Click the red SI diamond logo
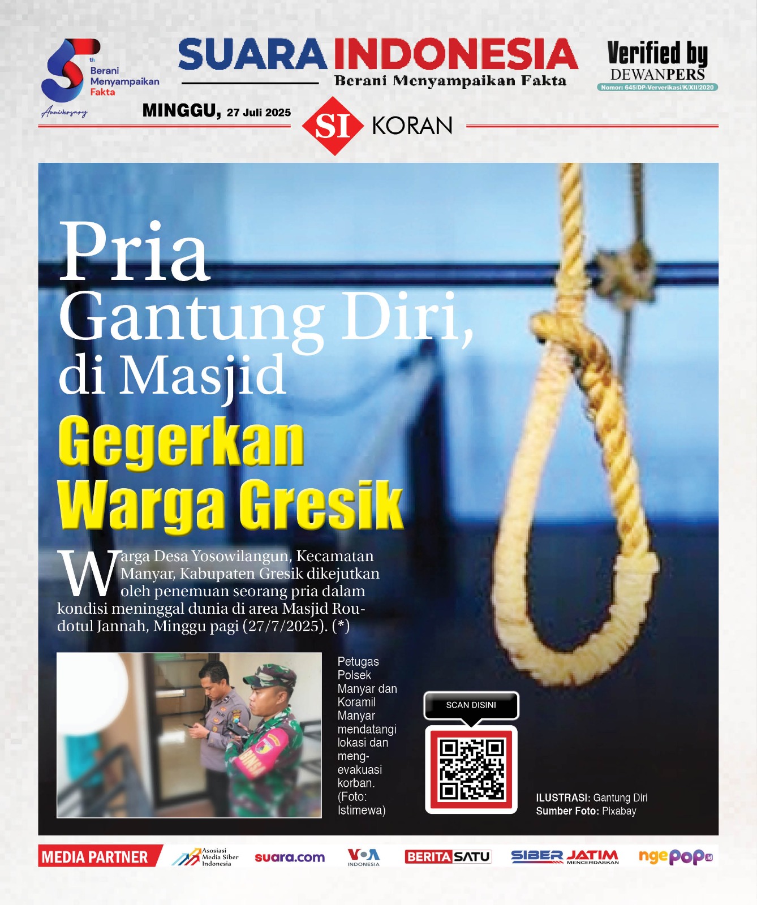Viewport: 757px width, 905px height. coord(332,126)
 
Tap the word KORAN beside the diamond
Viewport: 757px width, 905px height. coord(412,126)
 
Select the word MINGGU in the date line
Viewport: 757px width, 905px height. coord(181,110)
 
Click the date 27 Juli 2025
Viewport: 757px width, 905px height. coord(259,113)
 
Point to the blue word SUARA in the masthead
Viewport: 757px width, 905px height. coord(252,55)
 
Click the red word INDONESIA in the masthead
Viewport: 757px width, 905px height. coord(455,55)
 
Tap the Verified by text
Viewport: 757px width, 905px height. coord(657,54)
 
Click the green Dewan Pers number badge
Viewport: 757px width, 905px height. coord(657,87)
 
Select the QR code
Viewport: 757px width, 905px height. coord(471,769)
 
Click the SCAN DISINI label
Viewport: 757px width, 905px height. coord(471,705)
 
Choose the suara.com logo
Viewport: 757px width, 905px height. coord(290,857)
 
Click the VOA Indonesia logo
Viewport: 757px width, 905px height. coord(363,856)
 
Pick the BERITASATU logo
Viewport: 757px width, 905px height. coord(448,856)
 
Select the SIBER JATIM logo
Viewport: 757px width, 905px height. coord(565,856)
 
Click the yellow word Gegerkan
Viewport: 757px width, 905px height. coord(181,442)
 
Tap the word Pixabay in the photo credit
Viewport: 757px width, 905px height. coord(619,811)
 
